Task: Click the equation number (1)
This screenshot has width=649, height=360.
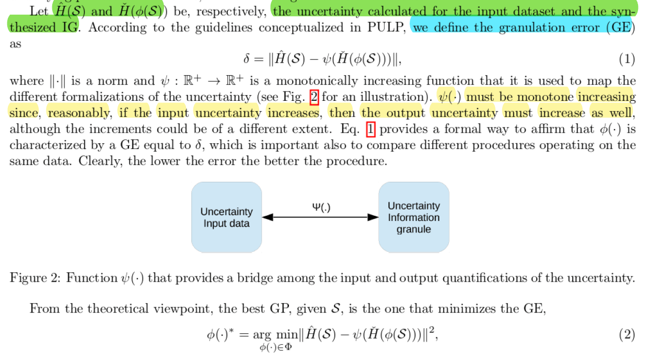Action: click(x=627, y=60)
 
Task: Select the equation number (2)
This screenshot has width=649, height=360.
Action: click(x=627, y=334)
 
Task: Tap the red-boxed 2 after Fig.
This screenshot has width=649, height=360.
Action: click(x=314, y=97)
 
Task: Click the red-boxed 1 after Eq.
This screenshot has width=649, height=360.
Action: click(x=370, y=129)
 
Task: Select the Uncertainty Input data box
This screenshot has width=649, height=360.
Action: click(x=226, y=217)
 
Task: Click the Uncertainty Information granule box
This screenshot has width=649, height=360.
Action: click(x=413, y=217)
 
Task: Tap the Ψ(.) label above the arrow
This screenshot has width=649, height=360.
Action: click(x=321, y=207)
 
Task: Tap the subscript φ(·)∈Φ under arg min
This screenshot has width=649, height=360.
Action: click(x=275, y=346)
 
